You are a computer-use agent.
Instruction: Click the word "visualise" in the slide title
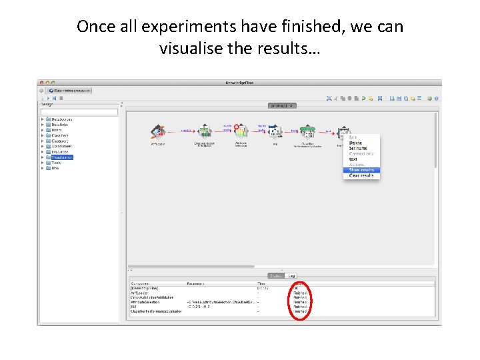(x=188, y=49)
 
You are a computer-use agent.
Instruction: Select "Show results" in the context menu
(x=362, y=170)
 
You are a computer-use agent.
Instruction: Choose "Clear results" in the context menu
(x=361, y=175)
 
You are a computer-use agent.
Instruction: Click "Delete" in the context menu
(x=355, y=143)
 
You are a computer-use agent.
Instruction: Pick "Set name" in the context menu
(x=358, y=148)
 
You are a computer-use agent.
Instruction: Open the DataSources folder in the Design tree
(x=63, y=119)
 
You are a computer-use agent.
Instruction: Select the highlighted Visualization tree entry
(x=62, y=157)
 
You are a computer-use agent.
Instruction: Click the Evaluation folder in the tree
(x=60, y=152)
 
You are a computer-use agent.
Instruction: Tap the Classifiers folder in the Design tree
(x=60, y=135)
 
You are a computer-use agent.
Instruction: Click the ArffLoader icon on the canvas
(x=158, y=131)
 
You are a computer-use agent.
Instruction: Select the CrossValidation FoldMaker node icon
(x=205, y=131)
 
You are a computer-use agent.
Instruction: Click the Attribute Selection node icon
(x=241, y=131)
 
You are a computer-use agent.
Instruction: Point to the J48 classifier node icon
(x=274, y=131)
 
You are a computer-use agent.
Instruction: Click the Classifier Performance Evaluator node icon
(x=307, y=131)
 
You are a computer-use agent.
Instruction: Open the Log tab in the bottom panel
(x=292, y=275)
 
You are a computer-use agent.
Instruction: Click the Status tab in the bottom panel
(x=276, y=275)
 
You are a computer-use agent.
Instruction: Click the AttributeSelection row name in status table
(x=146, y=302)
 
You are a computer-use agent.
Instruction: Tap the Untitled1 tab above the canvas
(x=282, y=105)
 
